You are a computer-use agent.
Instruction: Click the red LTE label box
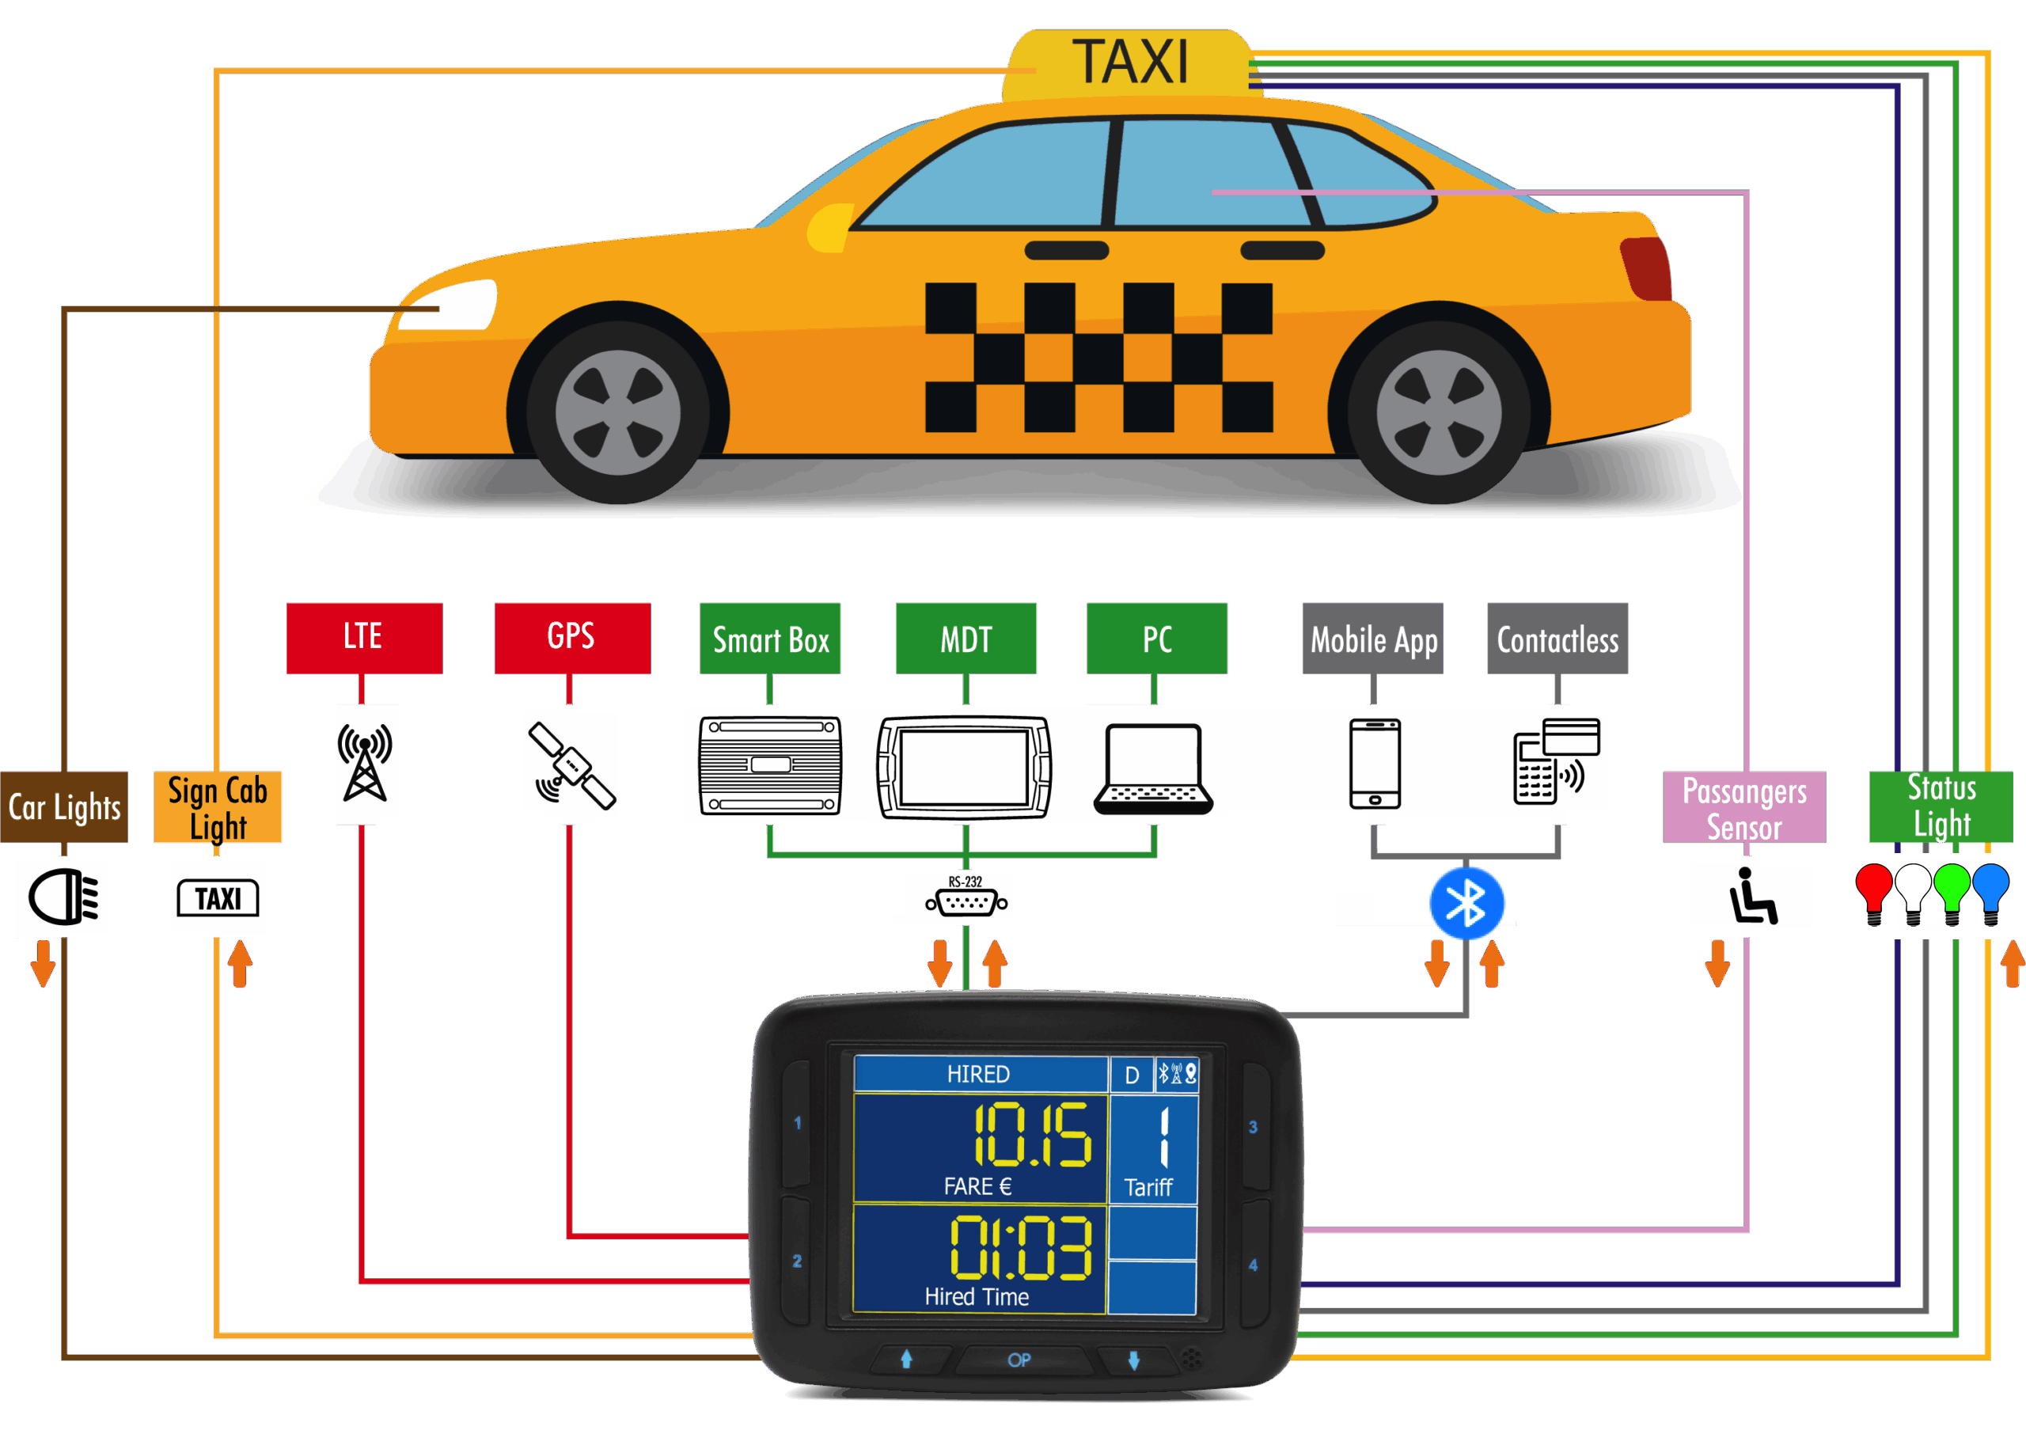pyautogui.click(x=364, y=638)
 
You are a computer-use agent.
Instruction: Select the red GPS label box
pyautogui.click(x=572, y=638)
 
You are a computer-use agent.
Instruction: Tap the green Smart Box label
pyautogui.click(x=770, y=639)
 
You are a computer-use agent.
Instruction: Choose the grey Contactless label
pyautogui.click(x=1557, y=639)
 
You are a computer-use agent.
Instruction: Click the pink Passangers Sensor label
pyautogui.click(x=1743, y=806)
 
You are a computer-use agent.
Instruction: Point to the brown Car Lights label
pyautogui.click(x=64, y=806)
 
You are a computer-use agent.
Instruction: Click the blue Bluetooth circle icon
pyautogui.click(x=1466, y=903)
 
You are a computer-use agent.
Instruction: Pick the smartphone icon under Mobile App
pyautogui.click(x=1374, y=763)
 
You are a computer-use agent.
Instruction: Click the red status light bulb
pyautogui.click(x=1872, y=890)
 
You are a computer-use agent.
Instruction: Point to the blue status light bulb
pyautogui.click(x=1990, y=890)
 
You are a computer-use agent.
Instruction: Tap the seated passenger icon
pyautogui.click(x=1751, y=896)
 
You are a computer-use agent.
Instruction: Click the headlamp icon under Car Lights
pyautogui.click(x=63, y=897)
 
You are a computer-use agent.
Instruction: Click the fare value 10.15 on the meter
pyautogui.click(x=1030, y=1135)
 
